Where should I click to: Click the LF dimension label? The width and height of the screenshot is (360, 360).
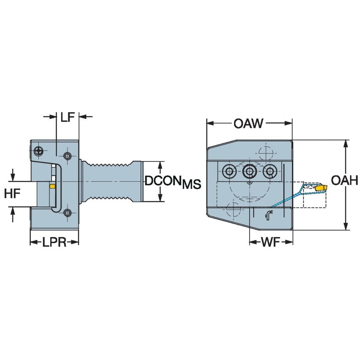coord(68,117)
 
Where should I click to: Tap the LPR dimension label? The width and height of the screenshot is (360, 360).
coord(54,242)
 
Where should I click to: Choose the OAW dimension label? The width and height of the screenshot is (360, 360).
coord(249,124)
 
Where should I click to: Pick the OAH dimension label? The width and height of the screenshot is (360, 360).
coord(344,181)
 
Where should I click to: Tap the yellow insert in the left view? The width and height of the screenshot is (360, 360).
coord(52,186)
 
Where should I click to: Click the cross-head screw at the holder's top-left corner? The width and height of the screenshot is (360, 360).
coord(40,150)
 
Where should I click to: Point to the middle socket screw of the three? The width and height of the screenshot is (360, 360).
coord(249,172)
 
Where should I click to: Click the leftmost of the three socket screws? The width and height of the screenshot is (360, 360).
coord(229,172)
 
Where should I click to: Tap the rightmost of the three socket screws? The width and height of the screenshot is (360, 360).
coord(268,172)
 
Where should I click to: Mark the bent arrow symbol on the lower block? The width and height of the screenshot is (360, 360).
coord(267,215)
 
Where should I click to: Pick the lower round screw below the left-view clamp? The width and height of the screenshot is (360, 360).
coord(67,213)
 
